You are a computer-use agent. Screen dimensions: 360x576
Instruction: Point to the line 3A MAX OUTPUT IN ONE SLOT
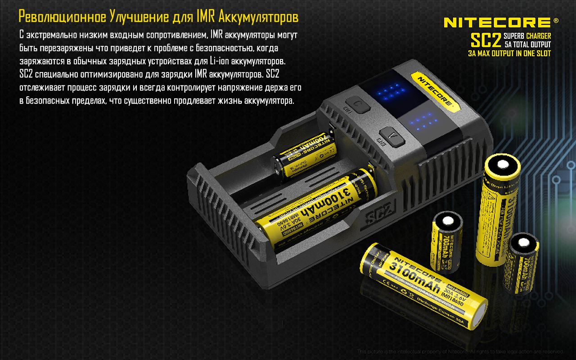(509, 53)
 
